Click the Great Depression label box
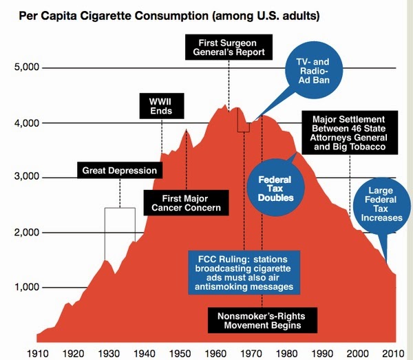[120, 170]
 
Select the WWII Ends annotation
[161, 105]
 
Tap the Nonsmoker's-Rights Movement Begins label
[256, 321]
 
